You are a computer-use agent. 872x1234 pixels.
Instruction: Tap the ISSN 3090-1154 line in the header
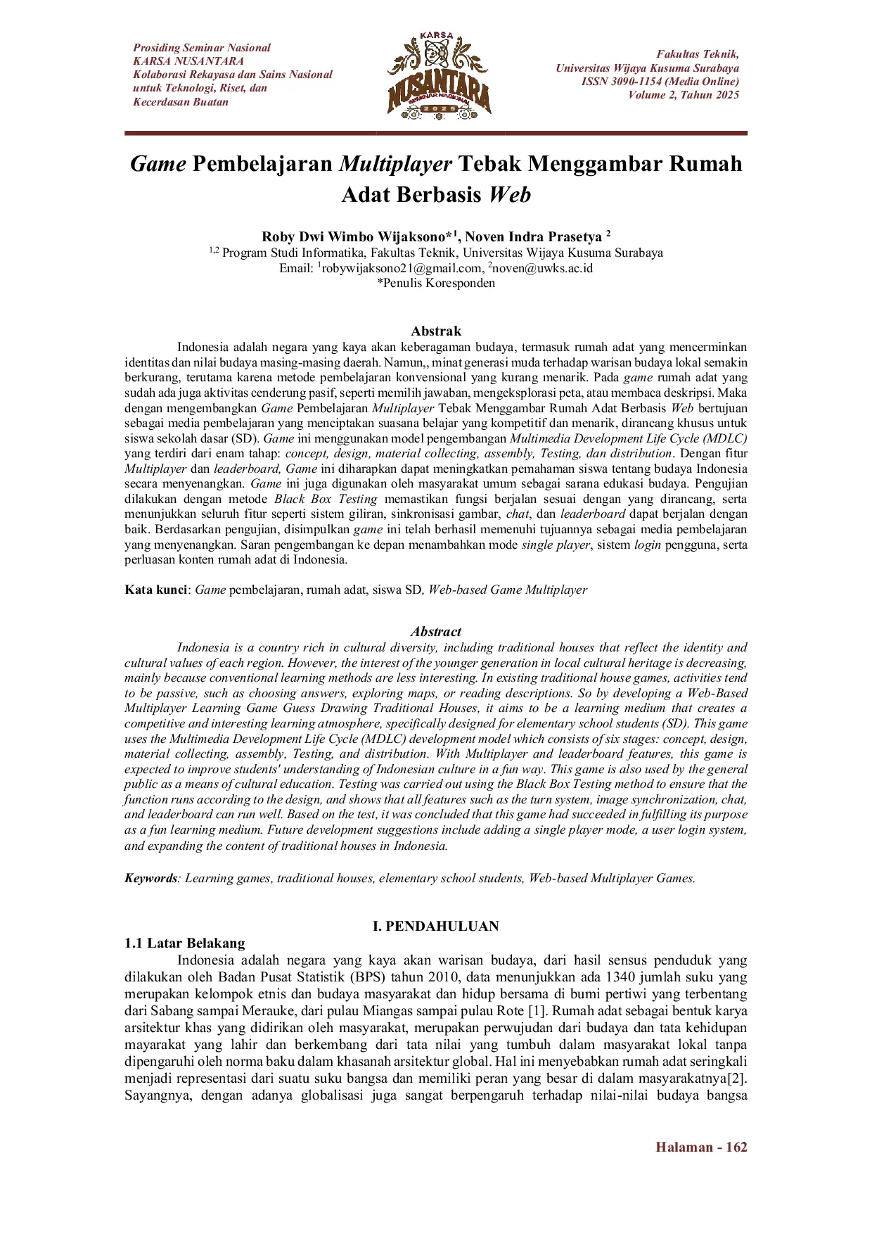660,82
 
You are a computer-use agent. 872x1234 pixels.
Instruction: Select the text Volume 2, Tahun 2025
684,95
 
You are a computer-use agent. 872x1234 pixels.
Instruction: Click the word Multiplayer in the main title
395,164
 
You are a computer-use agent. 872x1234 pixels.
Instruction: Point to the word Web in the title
510,194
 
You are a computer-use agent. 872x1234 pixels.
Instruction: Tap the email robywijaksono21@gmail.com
402,268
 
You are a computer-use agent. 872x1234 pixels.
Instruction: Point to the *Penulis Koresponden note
436,284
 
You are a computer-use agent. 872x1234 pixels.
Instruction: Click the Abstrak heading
436,331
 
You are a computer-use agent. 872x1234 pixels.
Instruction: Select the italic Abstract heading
436,631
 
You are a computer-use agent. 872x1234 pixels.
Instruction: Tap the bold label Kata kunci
156,590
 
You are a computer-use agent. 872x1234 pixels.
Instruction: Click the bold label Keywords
150,878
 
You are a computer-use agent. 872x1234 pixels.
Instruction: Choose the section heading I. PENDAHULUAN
436,926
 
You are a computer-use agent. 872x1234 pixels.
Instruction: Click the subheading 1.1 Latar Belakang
185,943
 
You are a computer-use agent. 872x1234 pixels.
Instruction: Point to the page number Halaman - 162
701,1147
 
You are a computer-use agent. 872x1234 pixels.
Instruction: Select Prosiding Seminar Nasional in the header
202,48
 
